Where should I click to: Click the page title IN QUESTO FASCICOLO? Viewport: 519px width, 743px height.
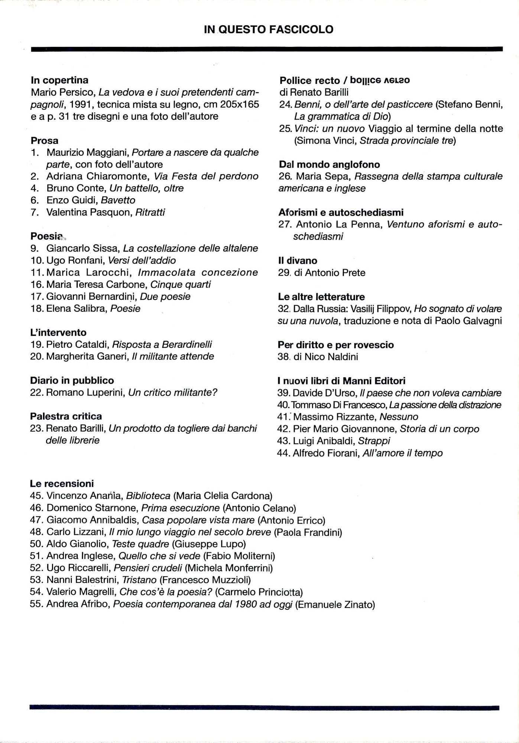268,29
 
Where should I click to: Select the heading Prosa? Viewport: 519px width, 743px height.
45,140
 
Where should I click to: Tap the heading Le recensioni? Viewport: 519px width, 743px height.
62,484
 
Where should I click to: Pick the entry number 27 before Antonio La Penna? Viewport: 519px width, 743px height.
285,224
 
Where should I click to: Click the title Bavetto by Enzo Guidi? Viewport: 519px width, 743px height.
118,200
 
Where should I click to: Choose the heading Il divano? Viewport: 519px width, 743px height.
298,260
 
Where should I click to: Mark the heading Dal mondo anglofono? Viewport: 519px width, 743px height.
329,165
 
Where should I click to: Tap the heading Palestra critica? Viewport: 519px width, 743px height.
66,416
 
